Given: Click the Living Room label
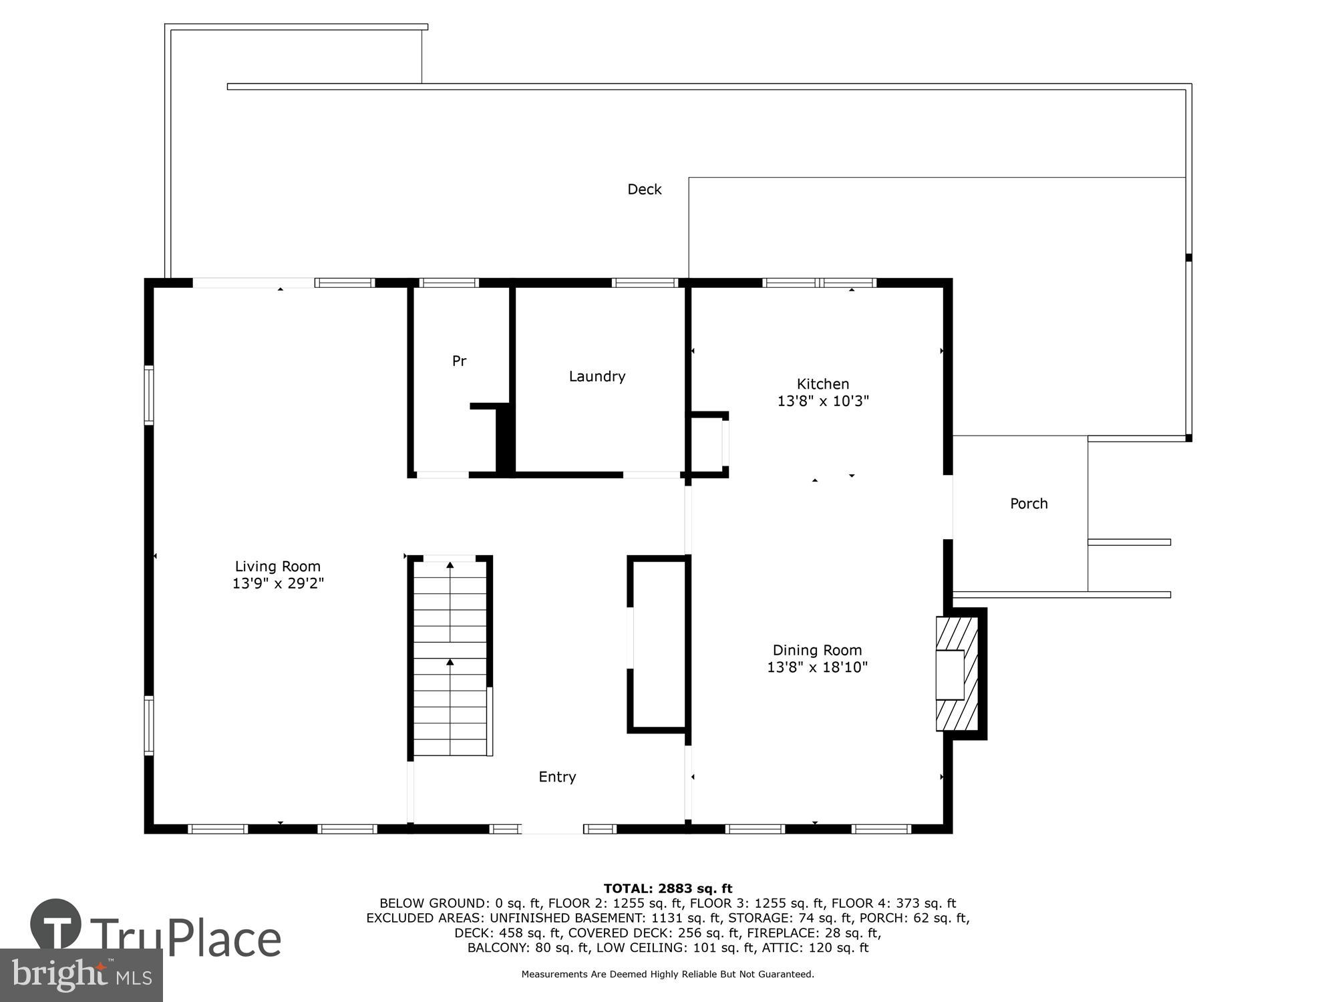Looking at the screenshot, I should pos(277,566).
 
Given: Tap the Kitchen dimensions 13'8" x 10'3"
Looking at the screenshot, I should pos(823,401).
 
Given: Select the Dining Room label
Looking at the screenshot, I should pos(817,650).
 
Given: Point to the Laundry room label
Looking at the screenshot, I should pos(597,377).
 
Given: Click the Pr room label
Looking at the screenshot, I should pos(459,361).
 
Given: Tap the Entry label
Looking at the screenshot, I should pos(557,777).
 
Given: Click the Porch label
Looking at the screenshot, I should pos(1029,504).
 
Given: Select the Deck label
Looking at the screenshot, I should pos(644,190).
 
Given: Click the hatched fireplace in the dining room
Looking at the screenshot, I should pos(957,673).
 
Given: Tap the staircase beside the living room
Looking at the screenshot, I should pos(450,658).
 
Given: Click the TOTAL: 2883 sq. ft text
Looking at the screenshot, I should pos(668,888).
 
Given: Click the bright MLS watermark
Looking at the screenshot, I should pos(81,975).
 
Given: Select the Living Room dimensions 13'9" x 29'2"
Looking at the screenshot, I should pos(278,584).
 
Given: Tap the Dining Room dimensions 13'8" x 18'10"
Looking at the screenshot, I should pos(817,667).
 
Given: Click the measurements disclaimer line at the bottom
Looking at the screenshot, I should pos(668,975).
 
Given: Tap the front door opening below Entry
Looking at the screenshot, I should pos(552,829).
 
